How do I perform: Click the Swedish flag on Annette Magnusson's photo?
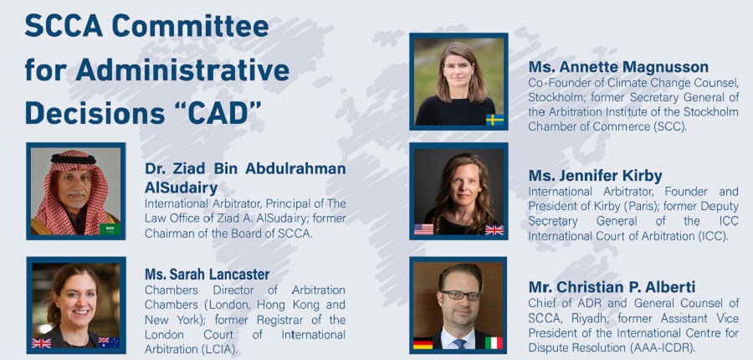coord(494,120)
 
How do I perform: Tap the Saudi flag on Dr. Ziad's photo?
coord(110,229)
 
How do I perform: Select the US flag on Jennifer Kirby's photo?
coord(423,229)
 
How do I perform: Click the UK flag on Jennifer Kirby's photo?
coord(494,229)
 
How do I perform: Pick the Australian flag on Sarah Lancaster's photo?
coord(109,342)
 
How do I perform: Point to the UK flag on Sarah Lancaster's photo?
coord(41,343)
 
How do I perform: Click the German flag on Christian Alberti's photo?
coord(423,343)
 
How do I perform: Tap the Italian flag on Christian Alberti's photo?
coord(494,342)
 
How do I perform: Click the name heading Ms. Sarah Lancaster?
coord(207,275)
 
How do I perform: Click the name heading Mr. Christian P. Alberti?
coord(612,287)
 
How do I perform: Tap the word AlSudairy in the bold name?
coord(181,188)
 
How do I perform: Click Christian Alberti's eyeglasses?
coord(460,295)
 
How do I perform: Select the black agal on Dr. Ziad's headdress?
coord(74,159)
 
